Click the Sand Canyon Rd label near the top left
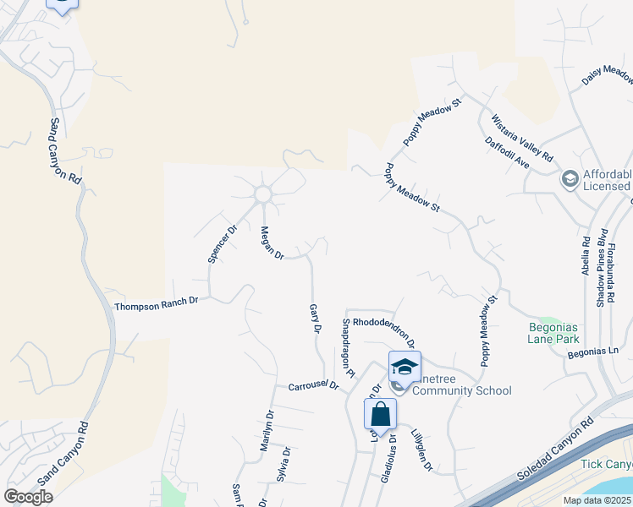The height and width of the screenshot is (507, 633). click(65, 152)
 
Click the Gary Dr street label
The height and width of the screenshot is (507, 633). click(315, 319)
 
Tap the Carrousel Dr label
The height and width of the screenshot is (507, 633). click(313, 384)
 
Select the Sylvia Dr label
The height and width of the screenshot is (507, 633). click(284, 464)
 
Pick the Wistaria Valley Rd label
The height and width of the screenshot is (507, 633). click(522, 139)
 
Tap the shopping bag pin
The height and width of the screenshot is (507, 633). click(381, 414)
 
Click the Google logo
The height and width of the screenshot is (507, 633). click(28, 496)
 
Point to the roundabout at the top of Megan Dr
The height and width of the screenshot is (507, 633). click(262, 195)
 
